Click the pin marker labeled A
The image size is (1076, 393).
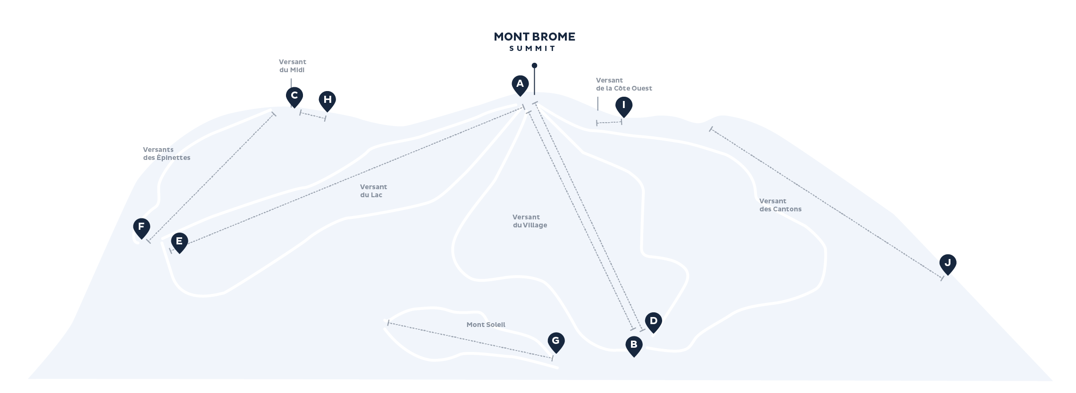520,85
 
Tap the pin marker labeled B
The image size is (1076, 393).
634,346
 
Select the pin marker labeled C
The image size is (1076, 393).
294,97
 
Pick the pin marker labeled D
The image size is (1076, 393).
653,323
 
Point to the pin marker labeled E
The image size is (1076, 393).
179,243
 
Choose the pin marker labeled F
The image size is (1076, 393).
142,228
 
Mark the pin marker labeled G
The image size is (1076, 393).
556,343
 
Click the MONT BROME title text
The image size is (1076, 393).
534,37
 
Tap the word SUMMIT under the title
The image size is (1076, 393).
533,49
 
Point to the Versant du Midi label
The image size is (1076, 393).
293,66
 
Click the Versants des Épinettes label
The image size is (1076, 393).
167,154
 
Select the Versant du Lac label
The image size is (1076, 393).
373,191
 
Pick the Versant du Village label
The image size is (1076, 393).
530,221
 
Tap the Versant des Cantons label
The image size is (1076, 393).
781,205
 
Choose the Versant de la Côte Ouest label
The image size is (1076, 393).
624,84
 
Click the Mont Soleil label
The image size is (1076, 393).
486,325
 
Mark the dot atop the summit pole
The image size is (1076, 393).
534,66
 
